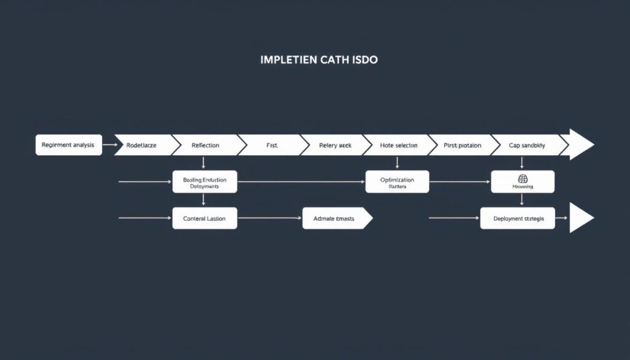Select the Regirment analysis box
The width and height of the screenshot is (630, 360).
68,145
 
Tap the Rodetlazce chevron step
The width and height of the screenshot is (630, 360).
143,145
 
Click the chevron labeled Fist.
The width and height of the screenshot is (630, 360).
272,145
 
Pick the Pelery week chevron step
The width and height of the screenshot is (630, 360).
335,145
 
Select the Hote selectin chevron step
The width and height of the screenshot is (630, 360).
399,145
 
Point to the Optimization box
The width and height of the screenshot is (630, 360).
397,182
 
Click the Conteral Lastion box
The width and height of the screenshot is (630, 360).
205,218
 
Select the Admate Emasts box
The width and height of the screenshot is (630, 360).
335,218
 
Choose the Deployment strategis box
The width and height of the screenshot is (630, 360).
517,218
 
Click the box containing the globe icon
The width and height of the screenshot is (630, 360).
522,182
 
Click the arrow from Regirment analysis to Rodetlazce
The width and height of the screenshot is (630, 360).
109,145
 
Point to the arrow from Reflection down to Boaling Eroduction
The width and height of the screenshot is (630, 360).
203,163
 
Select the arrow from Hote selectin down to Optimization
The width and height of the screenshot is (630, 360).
397,163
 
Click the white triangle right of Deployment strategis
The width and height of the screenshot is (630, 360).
580,218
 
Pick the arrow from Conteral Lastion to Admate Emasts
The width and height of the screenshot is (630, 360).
269,218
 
